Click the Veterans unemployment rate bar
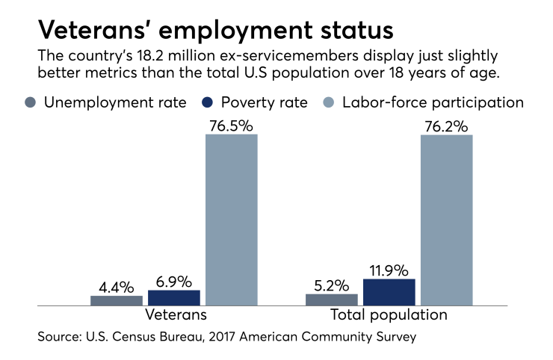coord(117,300)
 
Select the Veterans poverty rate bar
coord(175,297)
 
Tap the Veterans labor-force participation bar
coord(232,220)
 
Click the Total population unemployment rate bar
coord(331,300)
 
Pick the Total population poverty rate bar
coord(389,292)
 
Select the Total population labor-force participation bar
coord(446,220)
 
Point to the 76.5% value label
coord(232,125)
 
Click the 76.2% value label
coord(446,125)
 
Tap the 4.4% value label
coord(117,286)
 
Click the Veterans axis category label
coord(176,315)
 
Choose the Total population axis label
coord(389,315)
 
